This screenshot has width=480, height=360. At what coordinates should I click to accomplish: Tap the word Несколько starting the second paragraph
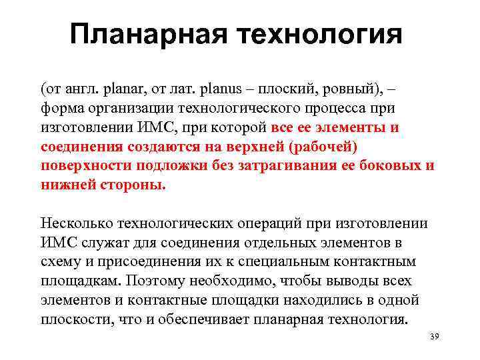click(73, 223)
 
